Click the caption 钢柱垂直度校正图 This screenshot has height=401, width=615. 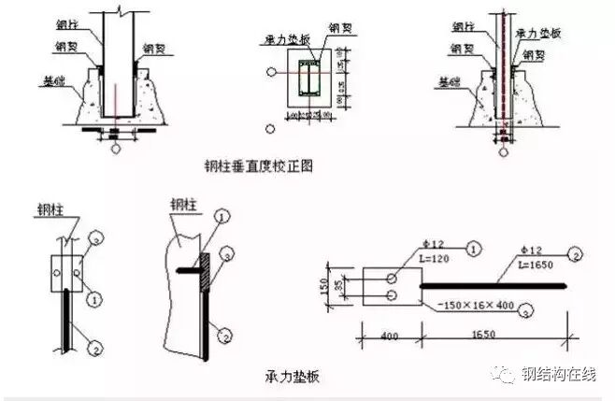(258, 166)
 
